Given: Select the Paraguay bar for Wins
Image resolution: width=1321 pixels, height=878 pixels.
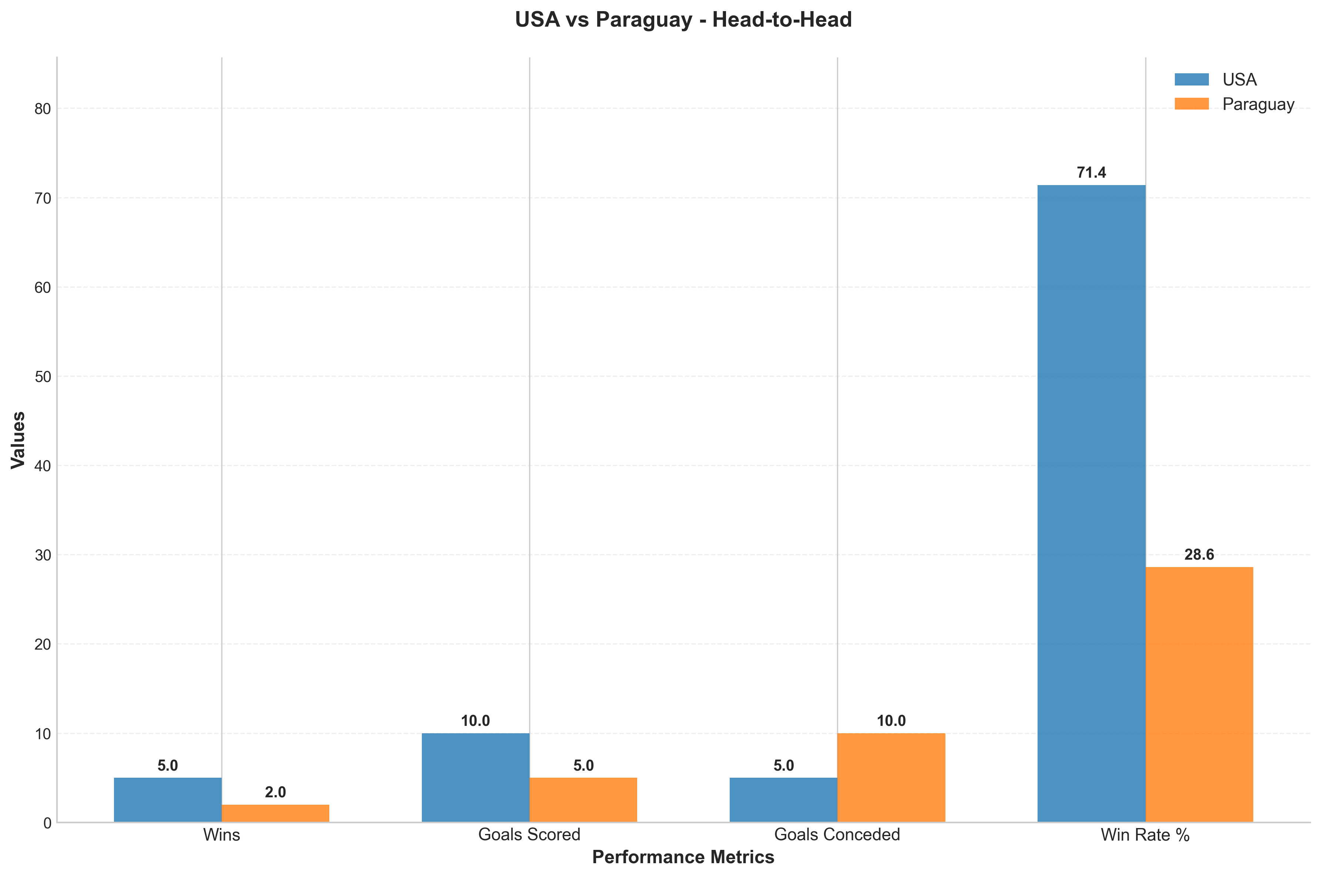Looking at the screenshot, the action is pos(275,813).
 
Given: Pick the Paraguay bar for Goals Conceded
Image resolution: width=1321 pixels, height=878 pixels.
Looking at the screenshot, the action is pos(891,777).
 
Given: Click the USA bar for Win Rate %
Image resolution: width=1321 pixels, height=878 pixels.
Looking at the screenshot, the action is pos(1092,503).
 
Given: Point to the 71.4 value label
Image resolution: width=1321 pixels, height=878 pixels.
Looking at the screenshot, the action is pos(1092,172).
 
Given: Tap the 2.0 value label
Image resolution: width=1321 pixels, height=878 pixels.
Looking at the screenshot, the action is pos(275,792).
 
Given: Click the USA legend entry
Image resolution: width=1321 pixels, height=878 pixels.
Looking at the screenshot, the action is pos(1216,80).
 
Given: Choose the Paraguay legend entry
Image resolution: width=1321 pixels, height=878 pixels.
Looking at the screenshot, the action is pos(1234,104).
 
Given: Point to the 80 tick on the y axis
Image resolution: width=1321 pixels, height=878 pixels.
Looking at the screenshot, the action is pos(43,108).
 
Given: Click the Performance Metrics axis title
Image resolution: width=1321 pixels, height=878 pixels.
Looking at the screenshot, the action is pos(683,857).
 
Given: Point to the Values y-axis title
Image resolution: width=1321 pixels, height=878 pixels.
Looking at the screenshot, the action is pos(19,440).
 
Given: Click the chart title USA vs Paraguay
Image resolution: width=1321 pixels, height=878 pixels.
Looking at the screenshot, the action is pos(683,20).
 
